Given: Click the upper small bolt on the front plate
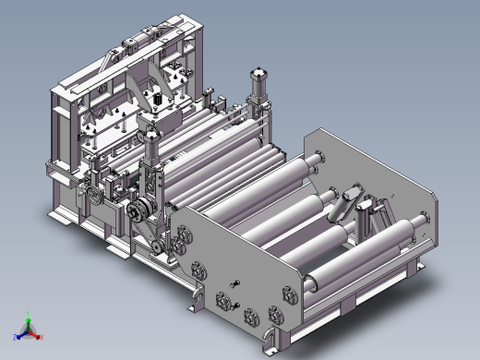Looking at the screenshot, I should pos(235,282).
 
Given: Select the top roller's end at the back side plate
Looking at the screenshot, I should pos(318,158).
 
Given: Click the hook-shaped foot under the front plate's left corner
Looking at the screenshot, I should pos(196,297).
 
